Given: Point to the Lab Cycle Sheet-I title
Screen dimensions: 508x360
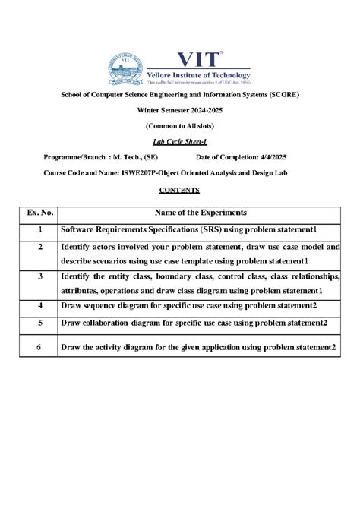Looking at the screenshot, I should [x=180, y=142].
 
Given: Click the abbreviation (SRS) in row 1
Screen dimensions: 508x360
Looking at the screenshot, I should [x=211, y=229].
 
